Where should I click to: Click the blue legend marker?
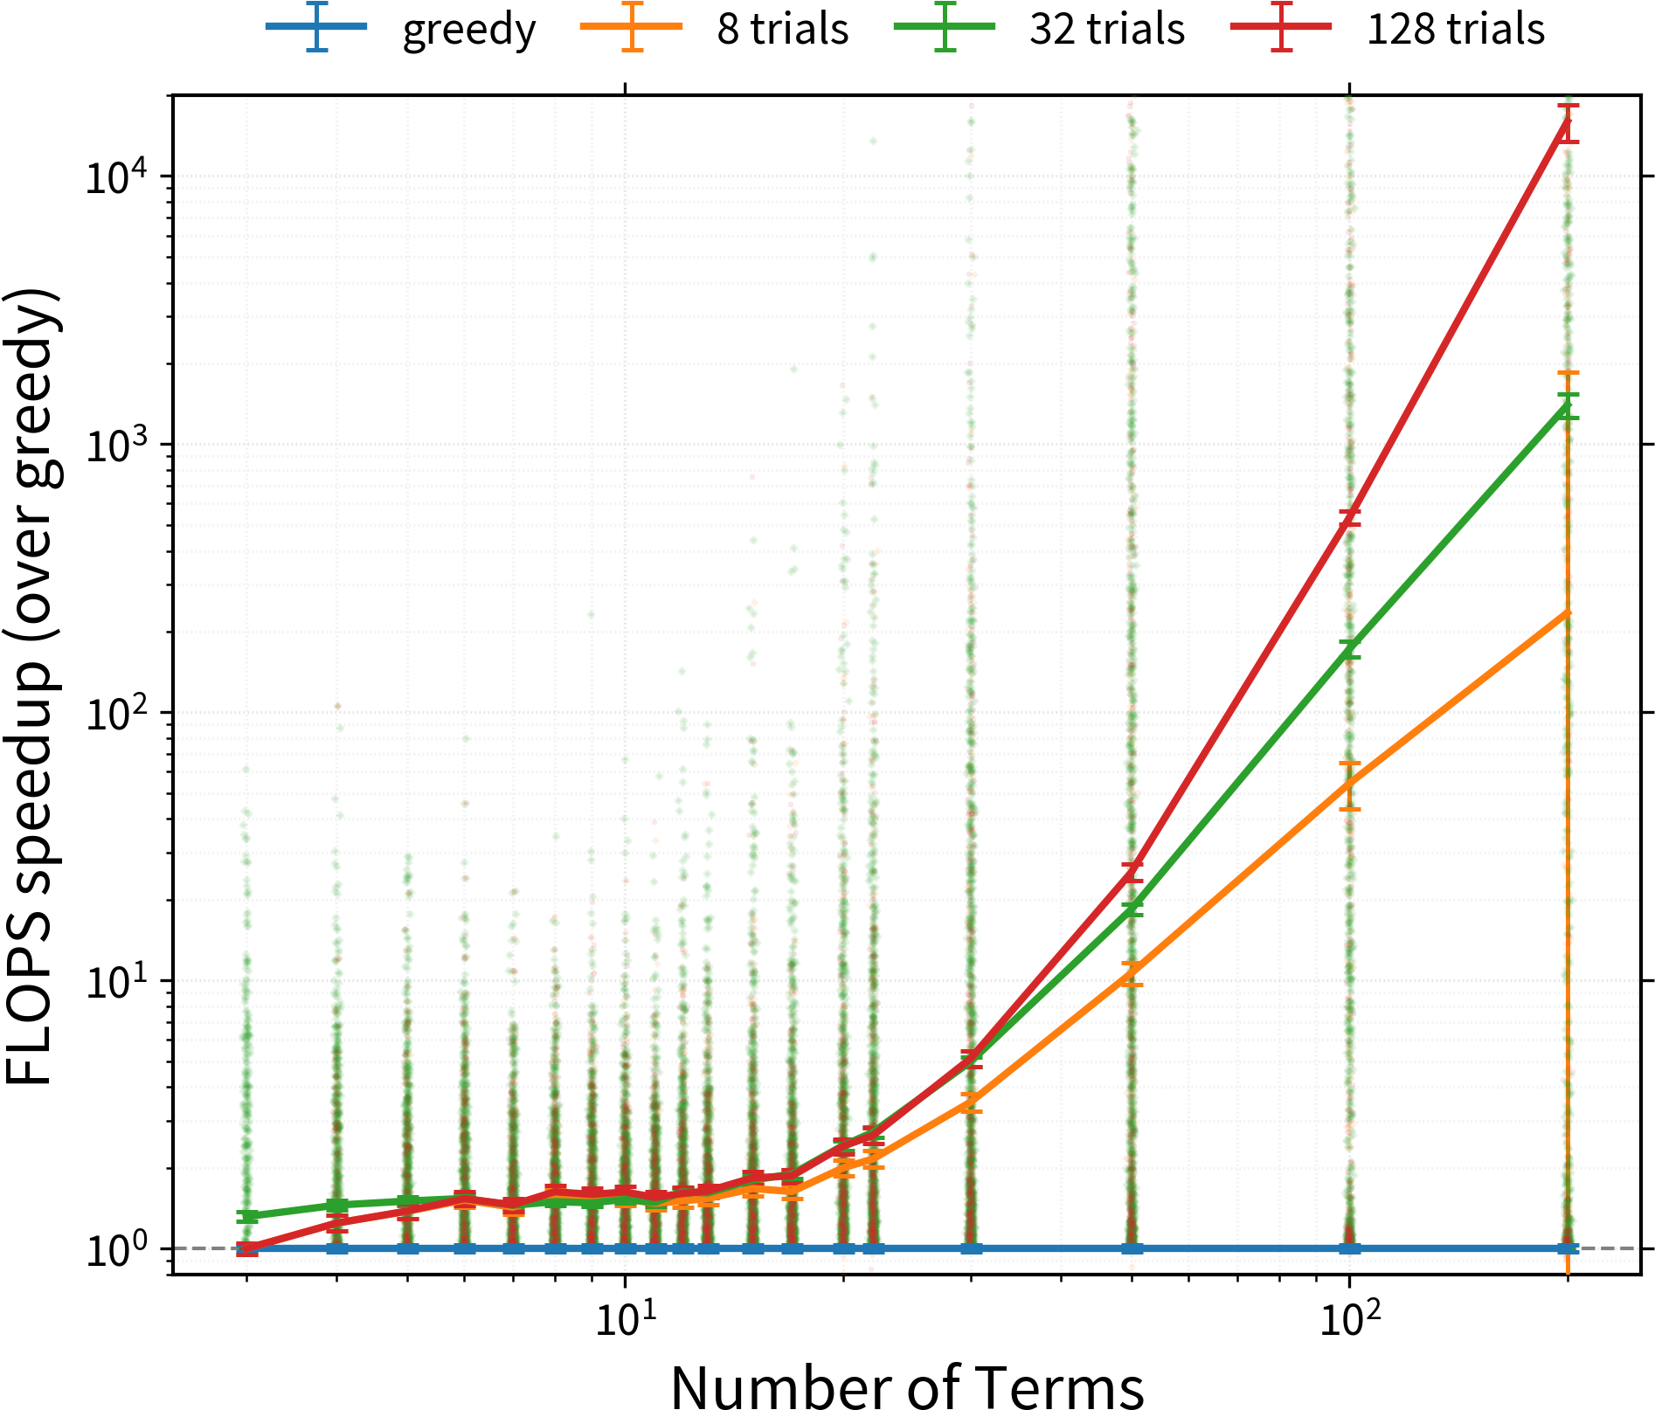coord(316,26)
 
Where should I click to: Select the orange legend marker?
coord(632,26)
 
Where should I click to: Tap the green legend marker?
coord(945,26)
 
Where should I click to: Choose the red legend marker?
coord(1281,26)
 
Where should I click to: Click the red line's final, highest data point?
coord(1568,121)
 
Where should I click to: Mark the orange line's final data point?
coord(1568,614)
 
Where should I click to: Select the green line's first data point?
coord(247,1216)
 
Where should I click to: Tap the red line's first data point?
coord(247,1248)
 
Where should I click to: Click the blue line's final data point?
coord(1568,1248)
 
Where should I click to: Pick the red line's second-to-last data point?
coord(1350,515)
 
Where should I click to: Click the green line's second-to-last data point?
coord(1350,648)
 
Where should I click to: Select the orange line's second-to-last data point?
coord(1350,784)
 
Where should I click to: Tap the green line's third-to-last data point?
coord(1132,909)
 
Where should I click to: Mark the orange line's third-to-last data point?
coord(1132,974)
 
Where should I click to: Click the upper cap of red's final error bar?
coord(1568,106)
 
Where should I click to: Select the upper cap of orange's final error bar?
coord(1568,373)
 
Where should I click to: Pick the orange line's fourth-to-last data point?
coord(971,1103)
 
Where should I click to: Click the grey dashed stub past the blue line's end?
coord(1617,1248)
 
